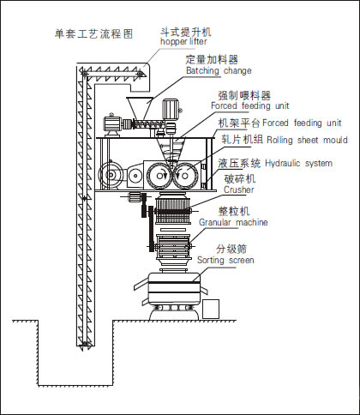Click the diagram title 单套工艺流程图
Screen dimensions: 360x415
[x=94, y=33]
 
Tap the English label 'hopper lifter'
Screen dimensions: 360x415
[x=183, y=41]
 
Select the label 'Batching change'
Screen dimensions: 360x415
[x=219, y=70]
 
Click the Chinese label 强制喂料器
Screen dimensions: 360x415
[x=244, y=95]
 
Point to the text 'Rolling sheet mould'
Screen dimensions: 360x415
[x=307, y=140]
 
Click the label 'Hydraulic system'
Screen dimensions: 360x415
[x=299, y=164]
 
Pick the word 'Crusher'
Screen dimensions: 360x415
[x=239, y=189]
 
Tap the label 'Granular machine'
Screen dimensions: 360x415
[x=233, y=222]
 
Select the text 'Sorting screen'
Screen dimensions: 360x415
[x=225, y=260]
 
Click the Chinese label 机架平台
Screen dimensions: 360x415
[x=239, y=123]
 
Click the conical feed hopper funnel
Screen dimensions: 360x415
[x=140, y=108]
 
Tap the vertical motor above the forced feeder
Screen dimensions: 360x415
[x=171, y=109]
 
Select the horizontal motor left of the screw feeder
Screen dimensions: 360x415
[x=112, y=123]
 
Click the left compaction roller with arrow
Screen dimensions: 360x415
[x=159, y=175]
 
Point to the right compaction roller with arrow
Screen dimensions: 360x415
[x=185, y=176]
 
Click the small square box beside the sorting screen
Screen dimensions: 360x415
[x=211, y=309]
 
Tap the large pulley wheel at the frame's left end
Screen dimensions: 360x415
[x=111, y=175]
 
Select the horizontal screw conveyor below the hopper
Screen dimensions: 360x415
[x=148, y=124]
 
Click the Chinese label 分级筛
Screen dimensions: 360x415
[x=231, y=249]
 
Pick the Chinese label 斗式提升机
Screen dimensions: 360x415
[x=186, y=32]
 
